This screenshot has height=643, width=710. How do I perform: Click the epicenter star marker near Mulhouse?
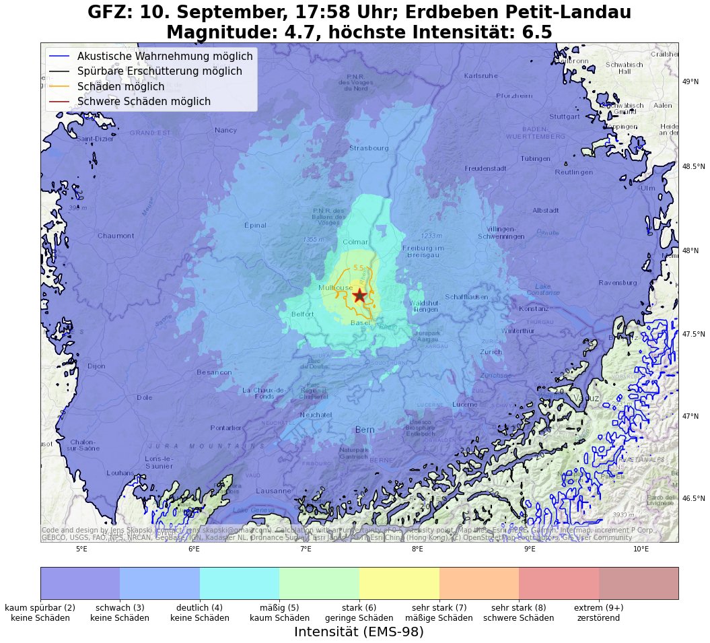click(359, 295)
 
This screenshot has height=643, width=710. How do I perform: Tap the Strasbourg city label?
click(369, 148)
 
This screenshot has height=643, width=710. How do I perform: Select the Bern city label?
click(365, 430)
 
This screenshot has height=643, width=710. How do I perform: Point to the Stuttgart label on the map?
click(564, 116)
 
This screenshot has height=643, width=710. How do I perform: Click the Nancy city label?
click(225, 130)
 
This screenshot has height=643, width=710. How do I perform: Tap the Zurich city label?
click(491, 351)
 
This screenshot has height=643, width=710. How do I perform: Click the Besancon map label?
click(214, 372)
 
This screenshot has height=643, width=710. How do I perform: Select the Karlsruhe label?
click(481, 75)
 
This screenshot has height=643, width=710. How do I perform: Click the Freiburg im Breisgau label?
click(424, 252)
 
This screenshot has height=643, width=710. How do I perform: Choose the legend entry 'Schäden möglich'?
click(120, 87)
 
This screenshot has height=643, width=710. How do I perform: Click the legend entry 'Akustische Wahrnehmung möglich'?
click(164, 57)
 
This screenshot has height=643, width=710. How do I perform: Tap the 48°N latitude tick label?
click(690, 251)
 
